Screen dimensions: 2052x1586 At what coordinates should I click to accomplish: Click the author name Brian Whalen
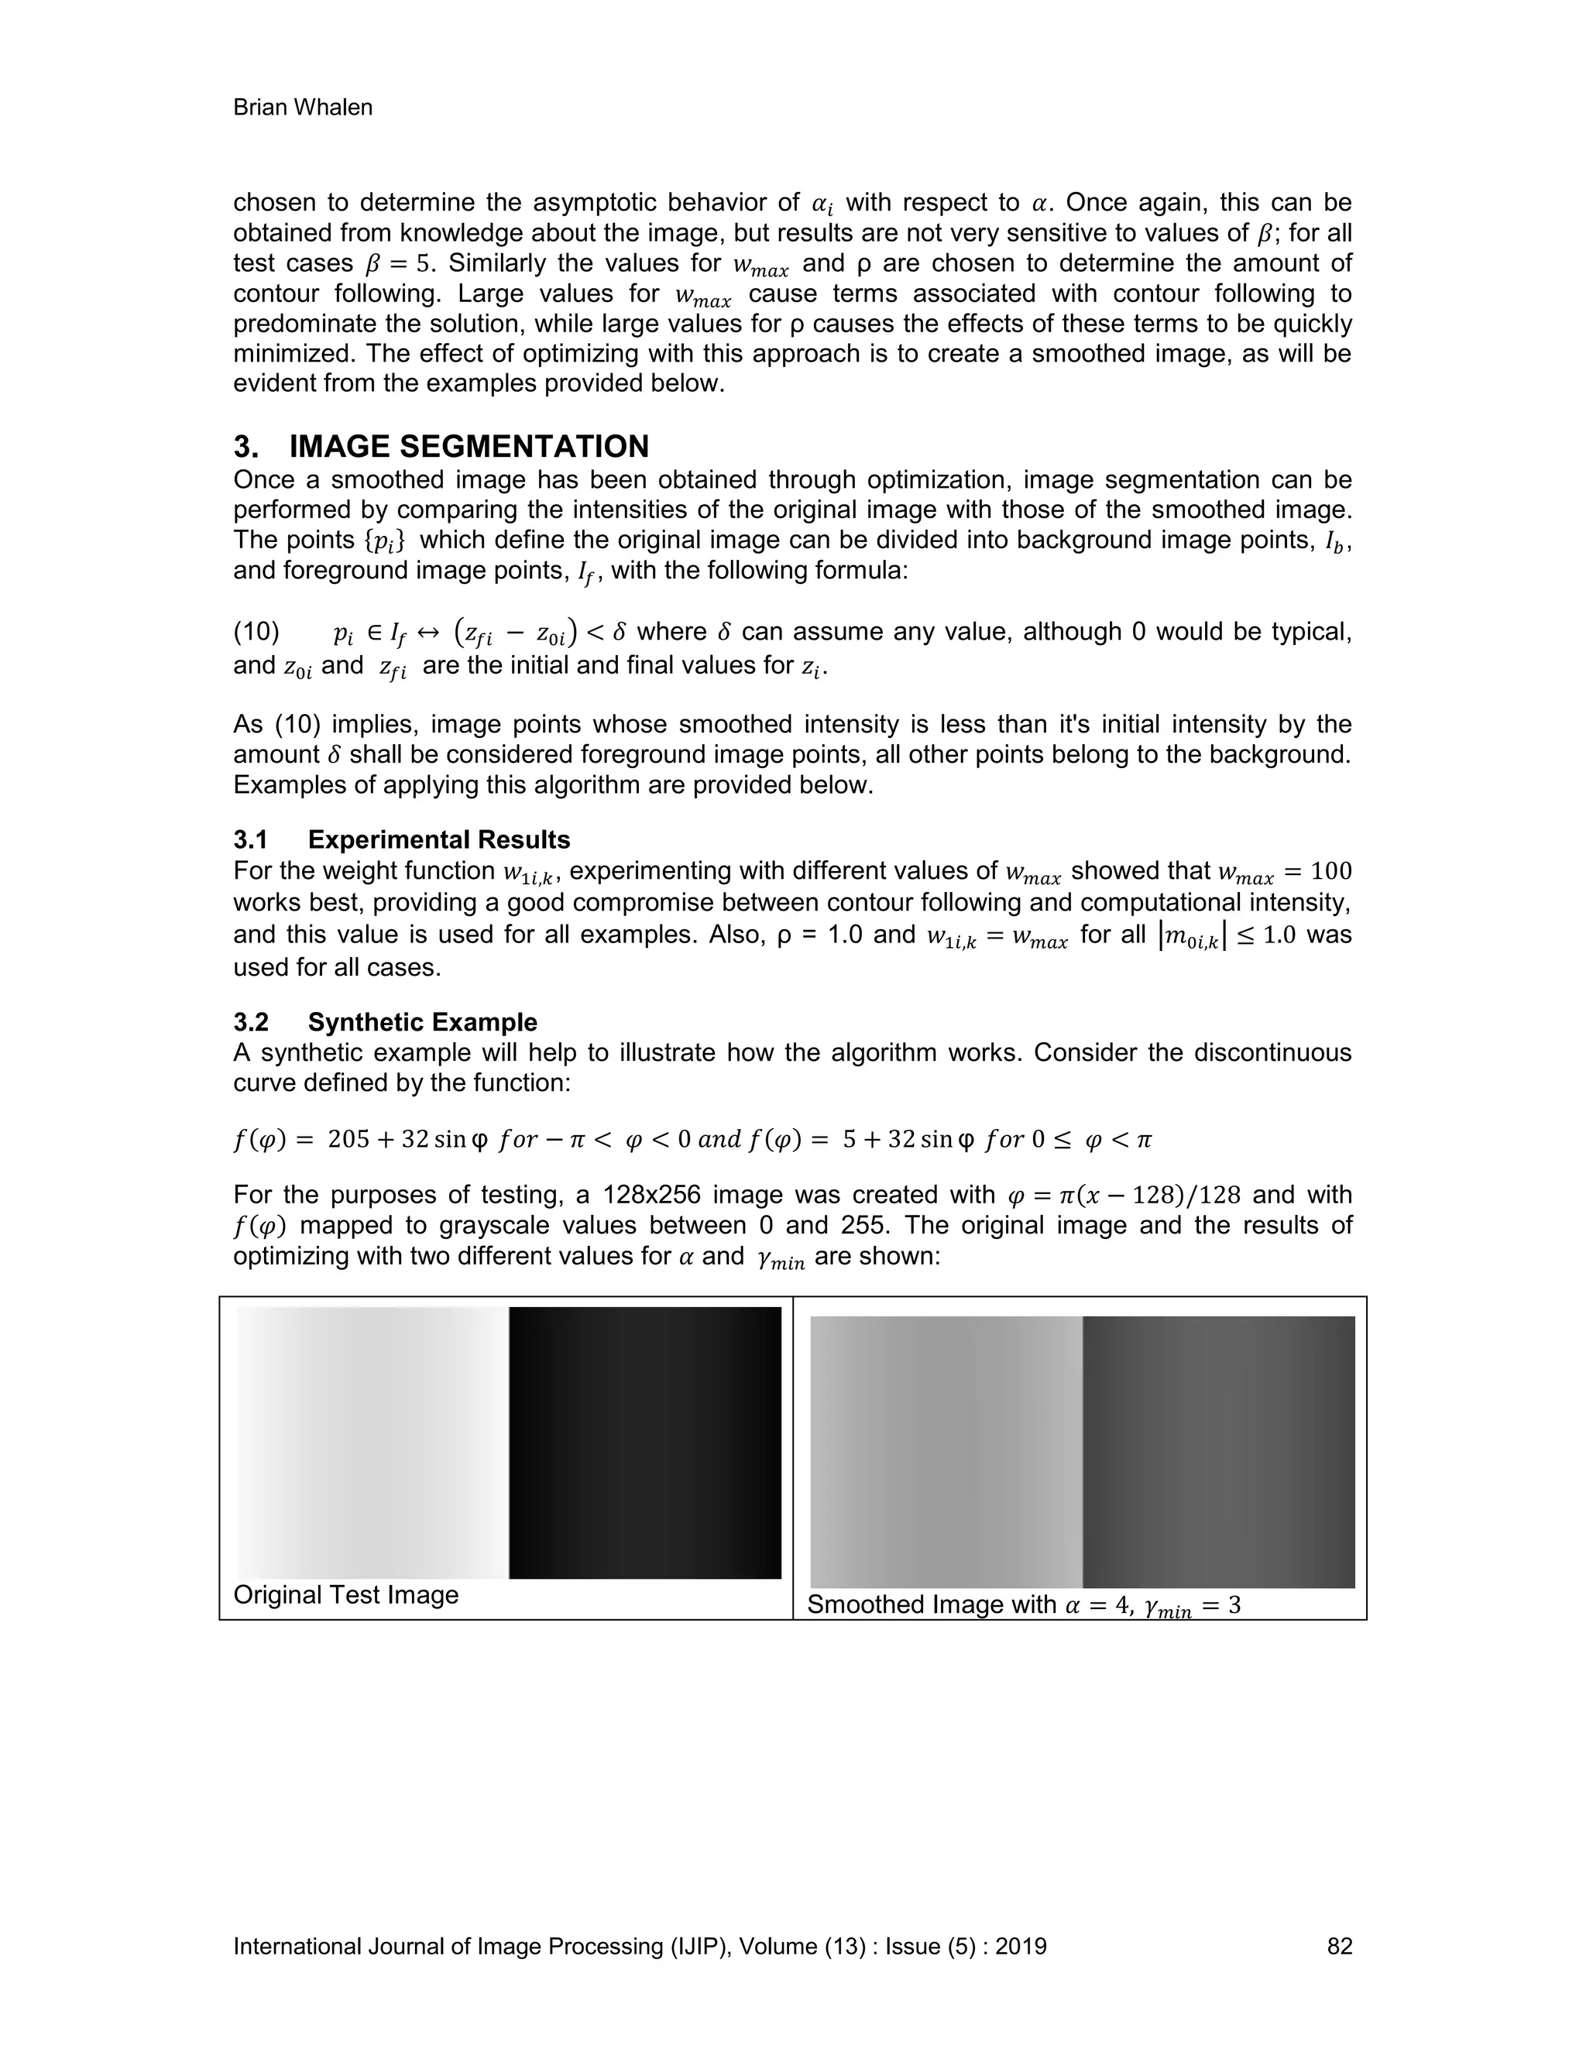click(303, 108)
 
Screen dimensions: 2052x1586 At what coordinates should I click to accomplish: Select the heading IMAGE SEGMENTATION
click(469, 445)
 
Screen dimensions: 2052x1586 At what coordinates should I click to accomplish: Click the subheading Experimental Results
click(439, 839)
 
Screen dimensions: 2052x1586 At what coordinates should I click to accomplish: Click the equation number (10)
click(256, 633)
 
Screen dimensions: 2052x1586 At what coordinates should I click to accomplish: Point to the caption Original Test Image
click(345, 1594)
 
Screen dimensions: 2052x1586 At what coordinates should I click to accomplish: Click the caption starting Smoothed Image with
click(1023, 1604)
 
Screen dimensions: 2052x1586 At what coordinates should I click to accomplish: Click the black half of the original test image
click(644, 1443)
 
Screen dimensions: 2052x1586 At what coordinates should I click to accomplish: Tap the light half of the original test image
click(372, 1443)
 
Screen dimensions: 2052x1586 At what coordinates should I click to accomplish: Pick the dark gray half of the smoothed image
click(1219, 1452)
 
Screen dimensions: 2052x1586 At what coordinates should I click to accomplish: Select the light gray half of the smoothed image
click(946, 1452)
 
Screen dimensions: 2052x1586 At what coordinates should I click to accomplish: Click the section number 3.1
click(251, 839)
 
